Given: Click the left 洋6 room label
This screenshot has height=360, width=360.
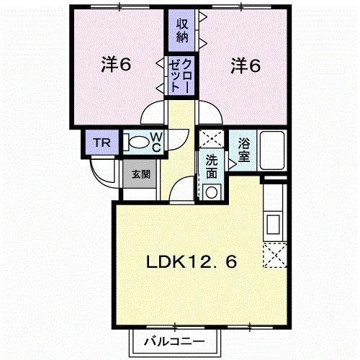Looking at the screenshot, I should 114,65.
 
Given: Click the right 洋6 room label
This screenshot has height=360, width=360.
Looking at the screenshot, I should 245,65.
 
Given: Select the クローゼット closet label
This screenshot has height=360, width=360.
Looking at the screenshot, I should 179,74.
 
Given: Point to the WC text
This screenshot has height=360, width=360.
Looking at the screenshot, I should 156,142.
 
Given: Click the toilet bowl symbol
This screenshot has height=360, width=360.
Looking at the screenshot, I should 134,142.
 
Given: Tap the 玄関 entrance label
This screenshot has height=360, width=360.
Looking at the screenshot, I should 140,174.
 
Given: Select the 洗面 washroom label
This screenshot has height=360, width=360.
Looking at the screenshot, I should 211,166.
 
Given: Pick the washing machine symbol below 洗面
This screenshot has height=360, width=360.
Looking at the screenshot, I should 211,191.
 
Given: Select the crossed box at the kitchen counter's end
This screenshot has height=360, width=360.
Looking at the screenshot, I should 274,255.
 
